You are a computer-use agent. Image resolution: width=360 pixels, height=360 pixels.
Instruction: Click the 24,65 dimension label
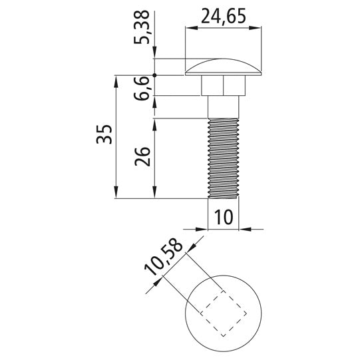click(x=224, y=16)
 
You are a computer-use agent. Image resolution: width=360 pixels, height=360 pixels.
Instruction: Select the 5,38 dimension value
click(x=142, y=27)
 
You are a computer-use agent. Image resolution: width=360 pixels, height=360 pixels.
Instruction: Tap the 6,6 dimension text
click(x=142, y=89)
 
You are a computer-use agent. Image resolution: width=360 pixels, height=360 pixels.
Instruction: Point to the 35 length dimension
click(x=104, y=134)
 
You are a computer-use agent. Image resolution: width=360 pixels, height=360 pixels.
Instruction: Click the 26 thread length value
click(x=142, y=156)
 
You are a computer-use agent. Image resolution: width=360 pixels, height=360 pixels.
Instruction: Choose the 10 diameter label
click(x=224, y=217)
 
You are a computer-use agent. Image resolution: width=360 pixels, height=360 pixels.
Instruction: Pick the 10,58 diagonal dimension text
click(x=164, y=257)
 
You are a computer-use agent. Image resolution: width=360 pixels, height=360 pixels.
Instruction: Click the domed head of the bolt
click(x=223, y=67)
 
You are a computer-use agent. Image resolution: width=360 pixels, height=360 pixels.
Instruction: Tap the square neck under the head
click(x=223, y=85)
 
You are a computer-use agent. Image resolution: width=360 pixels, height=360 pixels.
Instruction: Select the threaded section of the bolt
click(x=223, y=158)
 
